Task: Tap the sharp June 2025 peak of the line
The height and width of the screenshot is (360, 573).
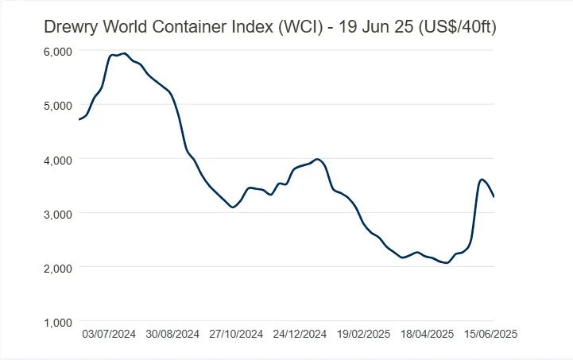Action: coord(482,180)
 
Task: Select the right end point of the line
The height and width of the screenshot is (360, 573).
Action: coord(494,197)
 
